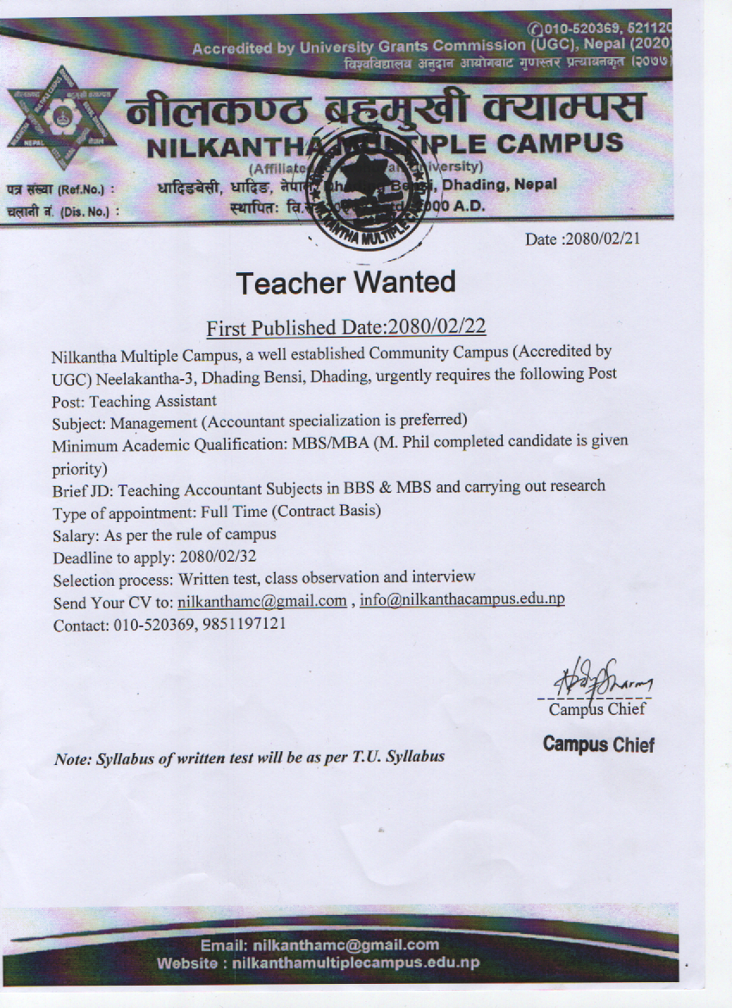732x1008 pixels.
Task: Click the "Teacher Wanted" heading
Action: pyautogui.click(x=345, y=282)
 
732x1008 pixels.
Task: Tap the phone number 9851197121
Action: pyautogui.click(x=245, y=624)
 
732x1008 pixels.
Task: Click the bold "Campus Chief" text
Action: pyautogui.click(x=599, y=744)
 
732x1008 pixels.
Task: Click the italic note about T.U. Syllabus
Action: pyautogui.click(x=250, y=758)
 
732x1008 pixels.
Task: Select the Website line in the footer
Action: pyautogui.click(x=318, y=963)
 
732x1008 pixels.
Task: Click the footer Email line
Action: pyautogui.click(x=319, y=945)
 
